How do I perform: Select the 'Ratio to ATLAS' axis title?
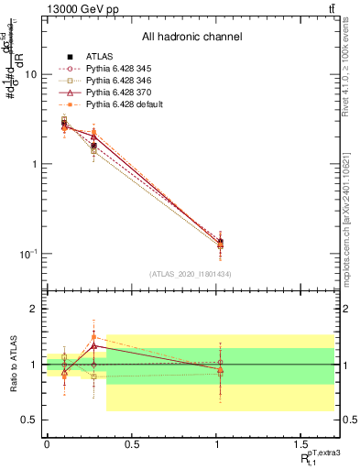tap(12, 365)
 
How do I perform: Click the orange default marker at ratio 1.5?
tap(93, 336)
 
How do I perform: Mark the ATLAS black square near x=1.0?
tap(220, 243)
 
